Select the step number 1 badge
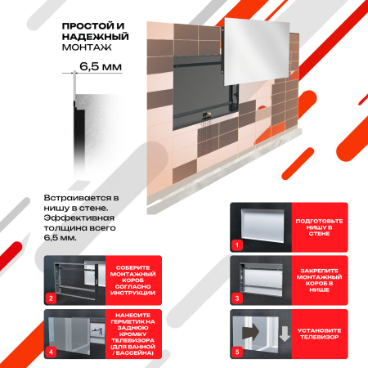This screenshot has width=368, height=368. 238,245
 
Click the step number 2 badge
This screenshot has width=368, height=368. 51,298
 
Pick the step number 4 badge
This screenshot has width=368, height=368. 51,353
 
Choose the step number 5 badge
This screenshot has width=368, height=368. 238,353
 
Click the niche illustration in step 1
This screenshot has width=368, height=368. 263,223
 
